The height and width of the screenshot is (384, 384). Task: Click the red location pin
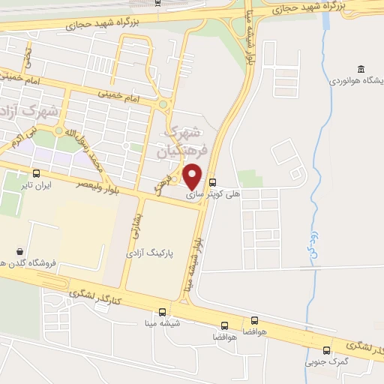coord(193,175)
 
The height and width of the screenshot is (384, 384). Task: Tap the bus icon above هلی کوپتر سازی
coord(212,181)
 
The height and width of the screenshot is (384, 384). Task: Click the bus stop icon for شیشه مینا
coord(163,312)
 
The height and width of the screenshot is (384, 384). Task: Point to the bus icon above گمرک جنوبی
coord(326,350)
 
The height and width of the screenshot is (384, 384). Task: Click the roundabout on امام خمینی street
coord(162,104)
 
